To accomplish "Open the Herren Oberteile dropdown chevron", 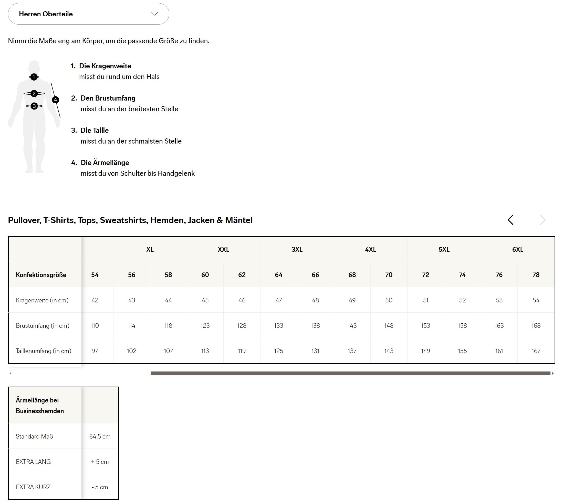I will coord(155,14).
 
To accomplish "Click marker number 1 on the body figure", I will coord(34,77).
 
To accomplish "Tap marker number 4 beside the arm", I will coord(56,100).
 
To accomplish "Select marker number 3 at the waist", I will coord(34,106).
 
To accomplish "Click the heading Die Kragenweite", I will coord(105,66).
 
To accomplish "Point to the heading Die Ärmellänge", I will coord(105,162).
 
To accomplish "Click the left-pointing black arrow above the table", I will coord(511,220).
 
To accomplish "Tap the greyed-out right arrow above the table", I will coord(543,220).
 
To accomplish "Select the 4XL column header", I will coord(370,249).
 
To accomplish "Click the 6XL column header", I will coord(517,249).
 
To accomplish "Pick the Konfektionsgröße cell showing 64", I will coord(278,275).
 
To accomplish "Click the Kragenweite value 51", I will coord(425,300).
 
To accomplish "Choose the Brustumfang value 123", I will coord(205,325).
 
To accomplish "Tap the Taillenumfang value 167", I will coord(536,351).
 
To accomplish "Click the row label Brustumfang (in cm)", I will coord(43,325).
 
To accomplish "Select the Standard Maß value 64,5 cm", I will coord(100,436).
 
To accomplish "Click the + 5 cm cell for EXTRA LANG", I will coord(100,462).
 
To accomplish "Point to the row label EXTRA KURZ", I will coord(33,487).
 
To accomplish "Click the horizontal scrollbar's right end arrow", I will coord(553,373).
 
